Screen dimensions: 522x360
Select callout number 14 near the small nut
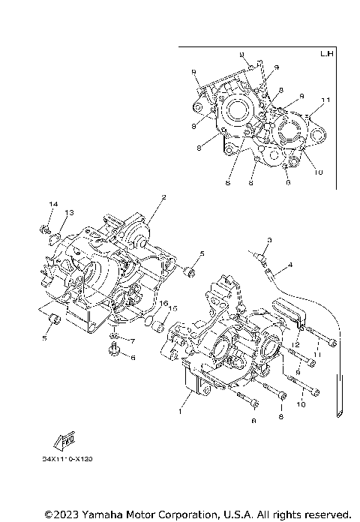pos(52,205)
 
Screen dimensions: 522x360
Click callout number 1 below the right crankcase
pos(179,412)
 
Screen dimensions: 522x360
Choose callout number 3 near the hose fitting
pos(270,239)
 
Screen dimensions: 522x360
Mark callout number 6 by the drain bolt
pos(133,358)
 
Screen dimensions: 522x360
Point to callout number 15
pos(173,308)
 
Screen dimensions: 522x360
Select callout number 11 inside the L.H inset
pos(325,100)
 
